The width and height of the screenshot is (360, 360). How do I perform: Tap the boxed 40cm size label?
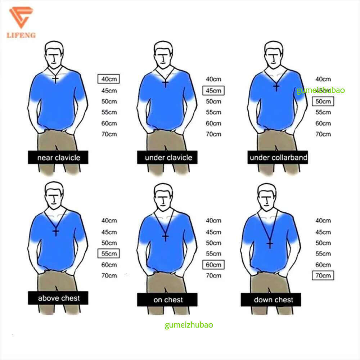(x=109, y=79)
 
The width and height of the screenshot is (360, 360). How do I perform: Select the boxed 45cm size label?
(x=213, y=90)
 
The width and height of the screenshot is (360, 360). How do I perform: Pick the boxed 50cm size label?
(x=323, y=101)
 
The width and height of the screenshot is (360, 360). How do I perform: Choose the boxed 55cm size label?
(x=109, y=253)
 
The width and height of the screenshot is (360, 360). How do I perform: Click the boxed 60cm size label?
(x=213, y=265)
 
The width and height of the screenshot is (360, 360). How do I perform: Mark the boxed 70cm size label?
(x=323, y=275)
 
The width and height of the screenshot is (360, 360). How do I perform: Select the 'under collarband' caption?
(x=278, y=158)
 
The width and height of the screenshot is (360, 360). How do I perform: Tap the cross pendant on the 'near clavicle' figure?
(x=55, y=80)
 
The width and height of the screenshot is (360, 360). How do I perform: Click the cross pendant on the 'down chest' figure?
(x=270, y=244)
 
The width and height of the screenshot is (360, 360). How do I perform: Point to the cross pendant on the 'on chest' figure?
(x=165, y=237)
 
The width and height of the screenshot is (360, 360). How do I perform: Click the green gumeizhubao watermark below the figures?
(x=189, y=325)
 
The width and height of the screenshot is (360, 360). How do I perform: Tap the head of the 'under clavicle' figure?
(x=163, y=55)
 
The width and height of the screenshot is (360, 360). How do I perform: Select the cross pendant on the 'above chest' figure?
(x=56, y=232)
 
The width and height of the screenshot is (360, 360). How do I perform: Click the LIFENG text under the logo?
(x=21, y=35)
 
